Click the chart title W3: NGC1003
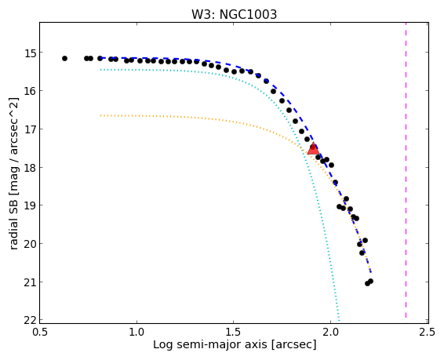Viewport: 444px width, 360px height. tap(234, 14)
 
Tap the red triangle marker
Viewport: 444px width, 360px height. tap(313, 149)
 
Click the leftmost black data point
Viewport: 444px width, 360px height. tap(64, 58)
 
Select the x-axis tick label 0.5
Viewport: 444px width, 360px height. tap(39, 332)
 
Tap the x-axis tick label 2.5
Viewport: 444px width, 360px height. tap(428, 332)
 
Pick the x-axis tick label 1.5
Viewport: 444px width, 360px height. tap(233, 332)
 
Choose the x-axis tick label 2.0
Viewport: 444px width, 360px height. tap(330, 332)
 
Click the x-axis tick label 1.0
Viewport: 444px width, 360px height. tap(136, 332)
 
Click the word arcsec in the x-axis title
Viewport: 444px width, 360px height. tap(292, 345)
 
